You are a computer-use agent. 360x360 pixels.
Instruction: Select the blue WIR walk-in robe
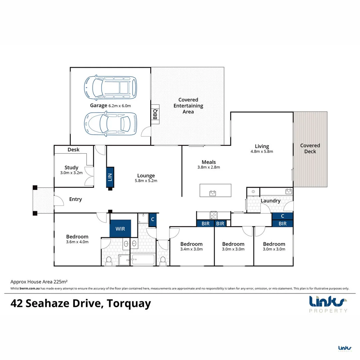click(x=120, y=229)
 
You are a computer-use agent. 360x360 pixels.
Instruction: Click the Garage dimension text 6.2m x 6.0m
click(x=120, y=106)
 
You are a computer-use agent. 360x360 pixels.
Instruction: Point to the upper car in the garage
click(x=110, y=87)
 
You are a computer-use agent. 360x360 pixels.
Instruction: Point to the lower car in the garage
click(x=110, y=124)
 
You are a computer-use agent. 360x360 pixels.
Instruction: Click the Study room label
click(x=71, y=168)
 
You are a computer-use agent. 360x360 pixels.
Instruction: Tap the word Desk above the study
click(x=73, y=150)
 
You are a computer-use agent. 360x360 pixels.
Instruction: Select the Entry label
click(x=75, y=199)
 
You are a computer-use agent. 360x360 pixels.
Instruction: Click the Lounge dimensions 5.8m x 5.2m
click(x=146, y=181)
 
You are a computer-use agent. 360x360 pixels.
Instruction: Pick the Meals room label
click(x=209, y=162)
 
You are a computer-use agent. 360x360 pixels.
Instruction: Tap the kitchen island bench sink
click(x=212, y=193)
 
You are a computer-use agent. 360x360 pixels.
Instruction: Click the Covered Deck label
click(x=310, y=148)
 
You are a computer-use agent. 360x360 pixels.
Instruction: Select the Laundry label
click(x=270, y=201)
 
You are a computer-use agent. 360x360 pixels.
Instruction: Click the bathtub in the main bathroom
click(x=143, y=259)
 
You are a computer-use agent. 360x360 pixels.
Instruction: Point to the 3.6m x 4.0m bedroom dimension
click(x=77, y=242)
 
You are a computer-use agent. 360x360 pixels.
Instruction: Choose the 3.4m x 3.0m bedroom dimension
click(x=191, y=249)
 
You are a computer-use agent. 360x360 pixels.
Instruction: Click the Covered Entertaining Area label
click(x=188, y=106)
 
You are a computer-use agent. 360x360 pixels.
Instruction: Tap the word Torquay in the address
click(x=130, y=304)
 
